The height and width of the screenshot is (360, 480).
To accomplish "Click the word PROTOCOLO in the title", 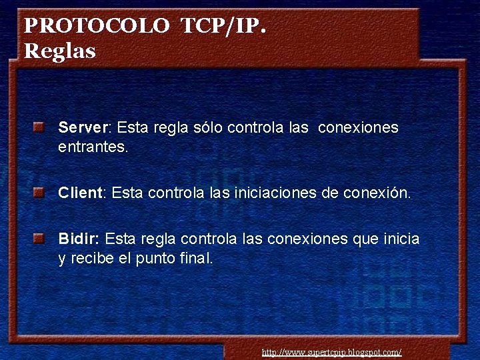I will [x=97, y=26].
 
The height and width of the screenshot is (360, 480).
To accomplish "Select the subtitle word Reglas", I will [x=60, y=51].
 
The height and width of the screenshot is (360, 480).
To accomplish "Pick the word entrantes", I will [x=93, y=147].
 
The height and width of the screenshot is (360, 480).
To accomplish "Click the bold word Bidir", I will [x=78, y=239].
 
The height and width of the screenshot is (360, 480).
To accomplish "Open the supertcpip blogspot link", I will [x=331, y=352].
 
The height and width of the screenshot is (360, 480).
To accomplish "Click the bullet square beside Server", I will [x=40, y=127].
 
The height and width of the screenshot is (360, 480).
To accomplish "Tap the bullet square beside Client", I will [x=40, y=193].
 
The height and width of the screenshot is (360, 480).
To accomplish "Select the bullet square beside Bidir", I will [x=40, y=238].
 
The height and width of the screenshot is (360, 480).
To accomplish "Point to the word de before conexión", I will [x=329, y=193].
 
